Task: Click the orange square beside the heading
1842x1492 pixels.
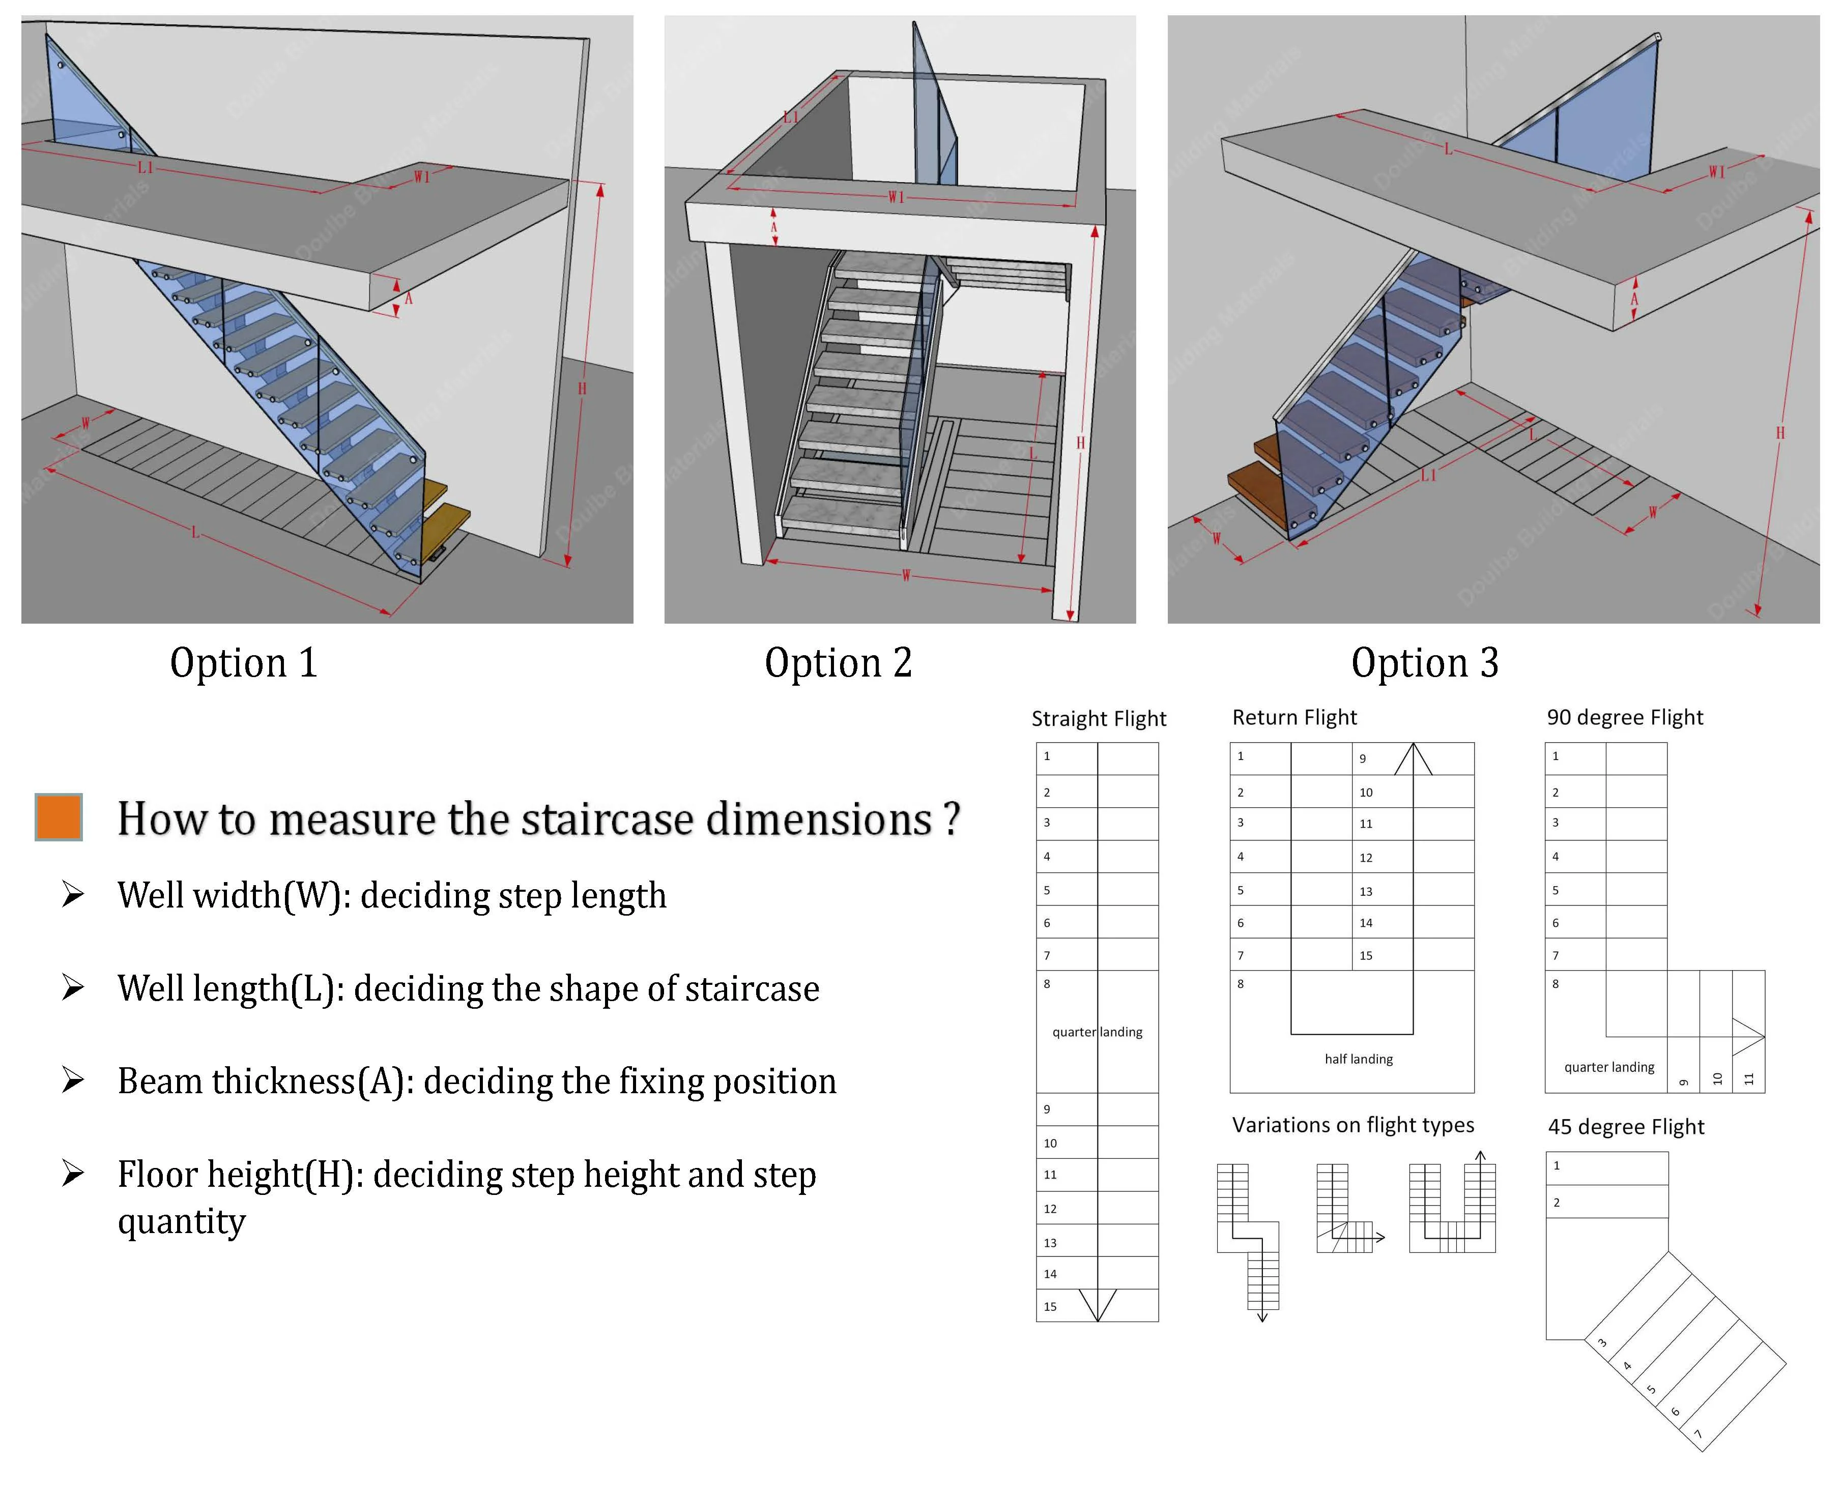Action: pyautogui.click(x=59, y=816)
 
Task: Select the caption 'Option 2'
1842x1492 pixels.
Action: pyautogui.click(x=838, y=663)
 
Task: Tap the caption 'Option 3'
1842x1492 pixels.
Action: pyautogui.click(x=1424, y=663)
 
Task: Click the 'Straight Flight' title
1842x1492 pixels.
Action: pyautogui.click(x=1099, y=718)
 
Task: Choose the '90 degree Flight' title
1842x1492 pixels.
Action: pyautogui.click(x=1625, y=718)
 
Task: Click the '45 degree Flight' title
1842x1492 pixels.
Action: pyautogui.click(x=1625, y=1127)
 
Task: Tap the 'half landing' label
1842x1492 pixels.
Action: pyautogui.click(x=1358, y=1059)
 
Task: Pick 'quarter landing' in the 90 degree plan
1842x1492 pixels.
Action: pyautogui.click(x=1608, y=1067)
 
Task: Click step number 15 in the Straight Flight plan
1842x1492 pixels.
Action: pyautogui.click(x=1050, y=1306)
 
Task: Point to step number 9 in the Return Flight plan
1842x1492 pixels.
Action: pyautogui.click(x=1362, y=758)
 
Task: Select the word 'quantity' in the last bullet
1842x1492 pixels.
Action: pyautogui.click(x=181, y=1221)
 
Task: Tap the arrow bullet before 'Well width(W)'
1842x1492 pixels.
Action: pyautogui.click(x=73, y=895)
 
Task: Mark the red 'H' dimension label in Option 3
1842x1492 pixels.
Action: pyautogui.click(x=1780, y=432)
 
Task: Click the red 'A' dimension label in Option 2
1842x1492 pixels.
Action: pyautogui.click(x=773, y=228)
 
